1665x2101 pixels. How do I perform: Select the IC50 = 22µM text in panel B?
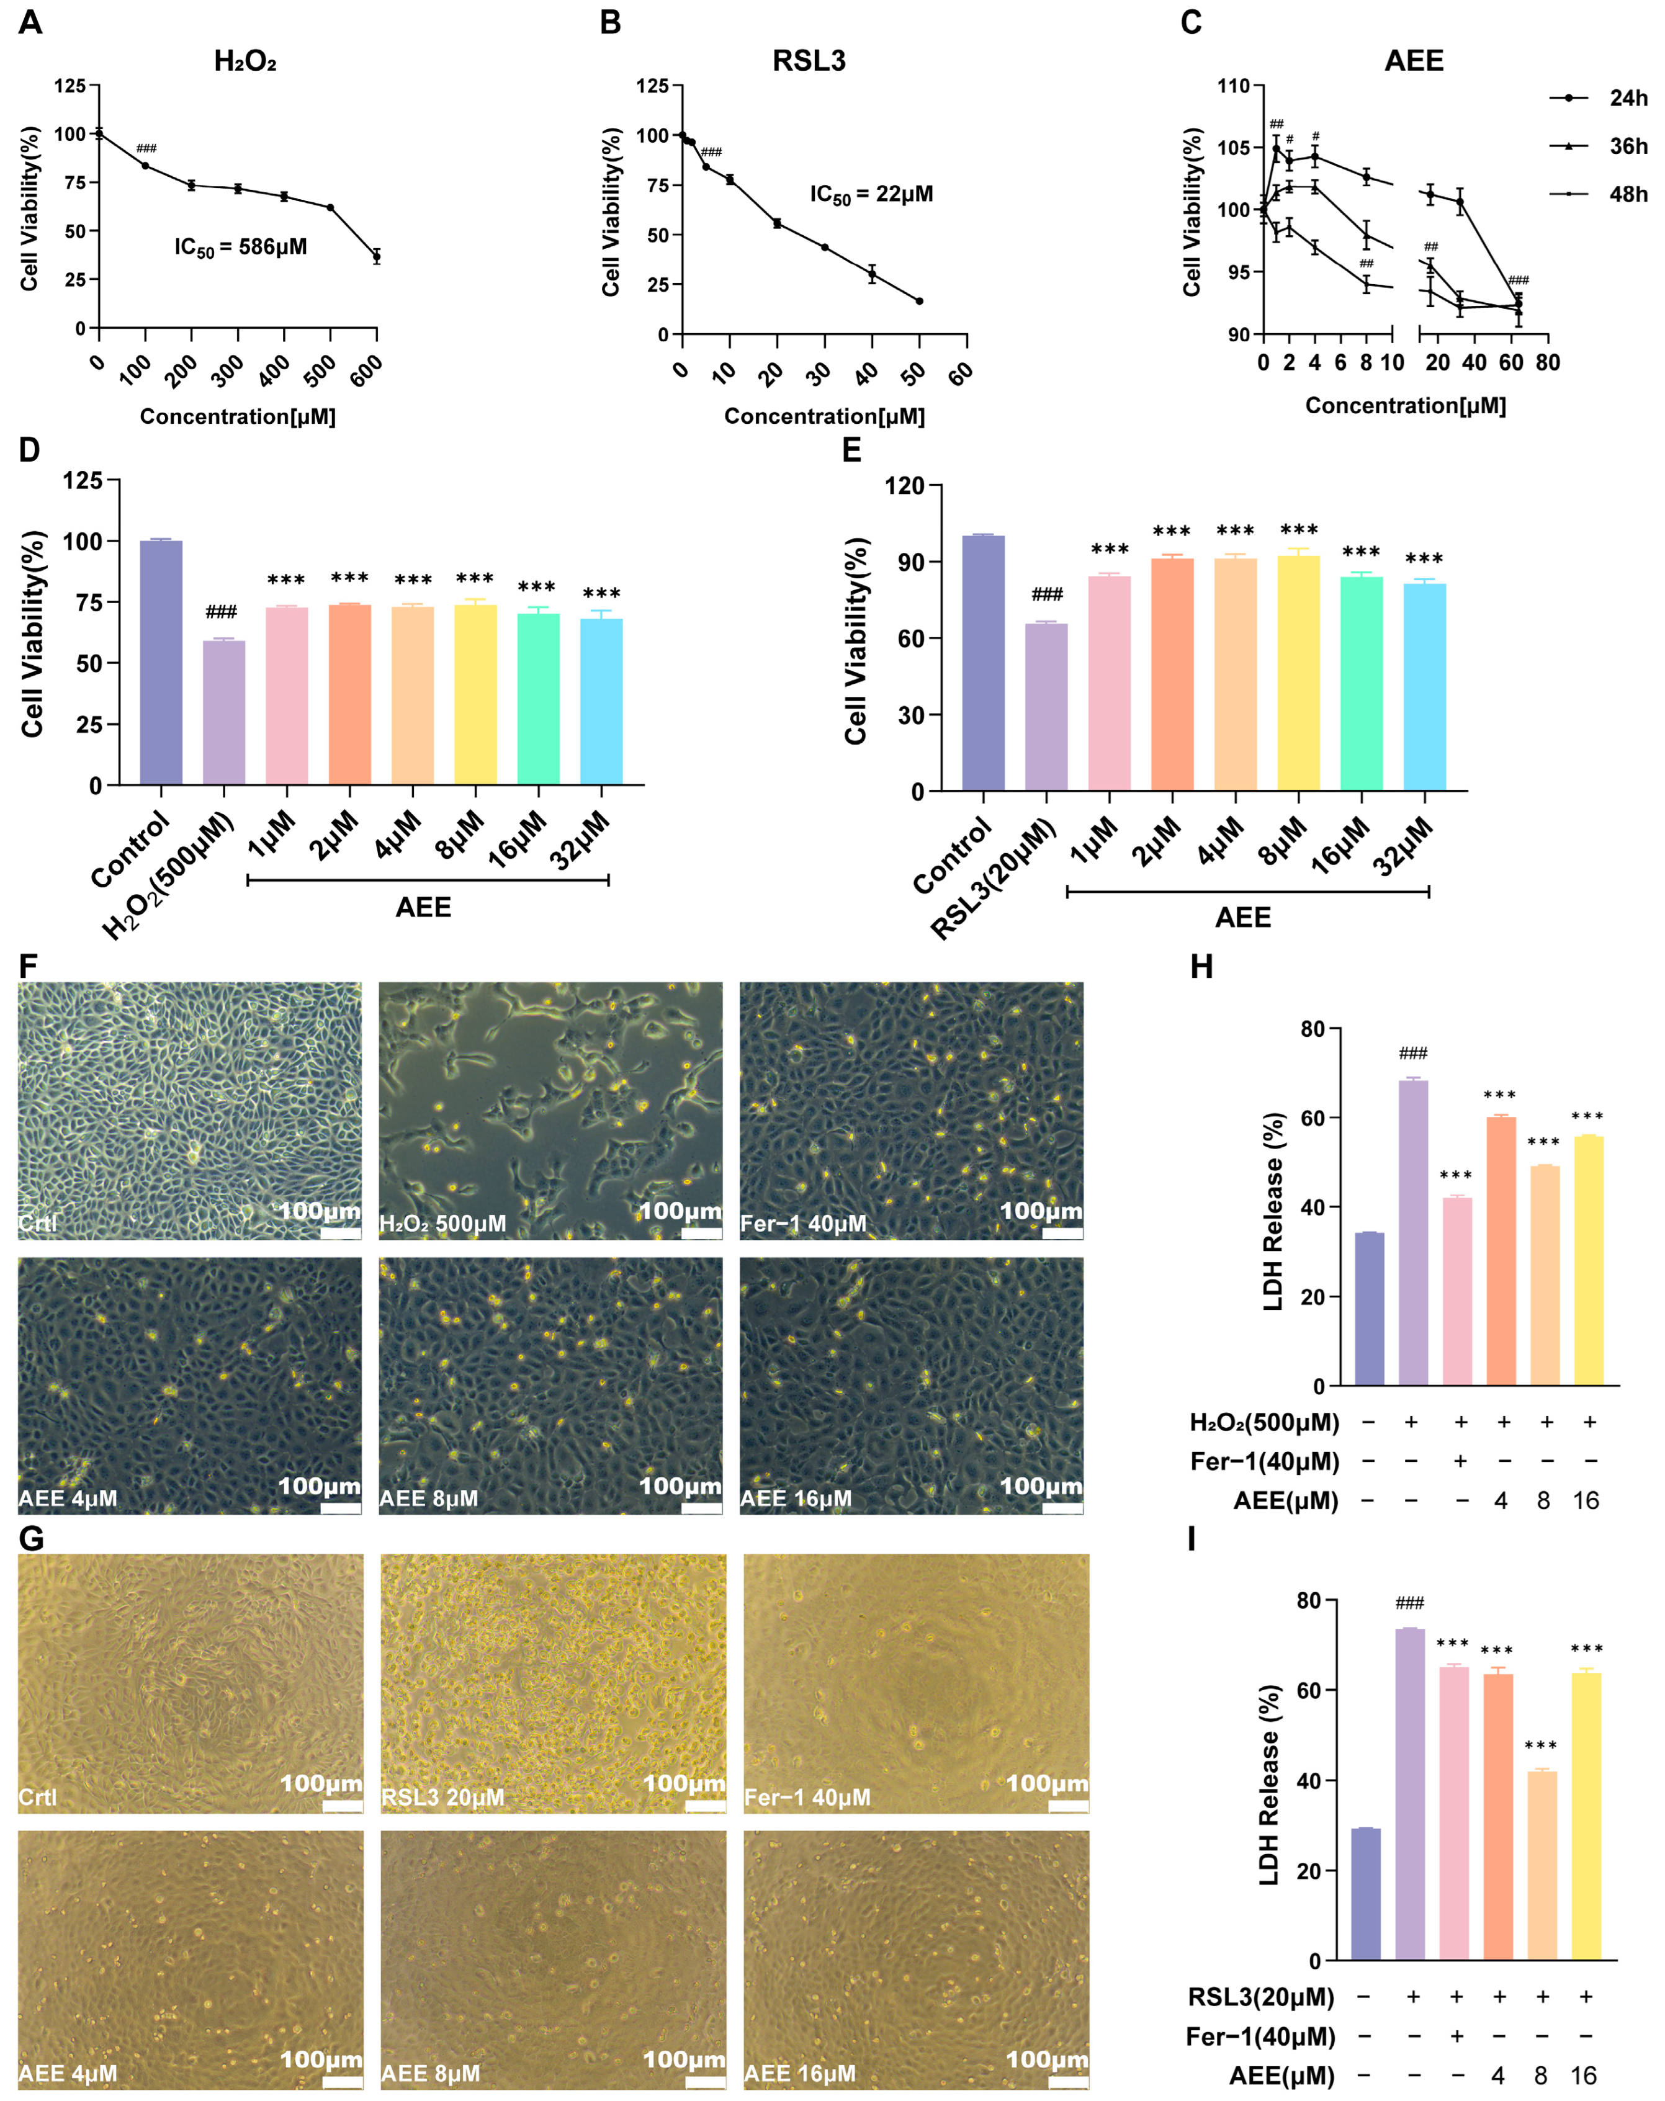[x=871, y=195]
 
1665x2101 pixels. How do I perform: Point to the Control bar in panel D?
[x=161, y=663]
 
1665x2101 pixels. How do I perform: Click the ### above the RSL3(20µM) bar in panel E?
[x=1046, y=594]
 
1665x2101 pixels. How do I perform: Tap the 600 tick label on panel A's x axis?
[x=367, y=371]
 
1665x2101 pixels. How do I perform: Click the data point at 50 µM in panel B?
[x=918, y=301]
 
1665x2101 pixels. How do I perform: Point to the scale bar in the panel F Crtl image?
[x=339, y=1233]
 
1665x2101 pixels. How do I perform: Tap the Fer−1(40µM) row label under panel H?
[x=1264, y=1462]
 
